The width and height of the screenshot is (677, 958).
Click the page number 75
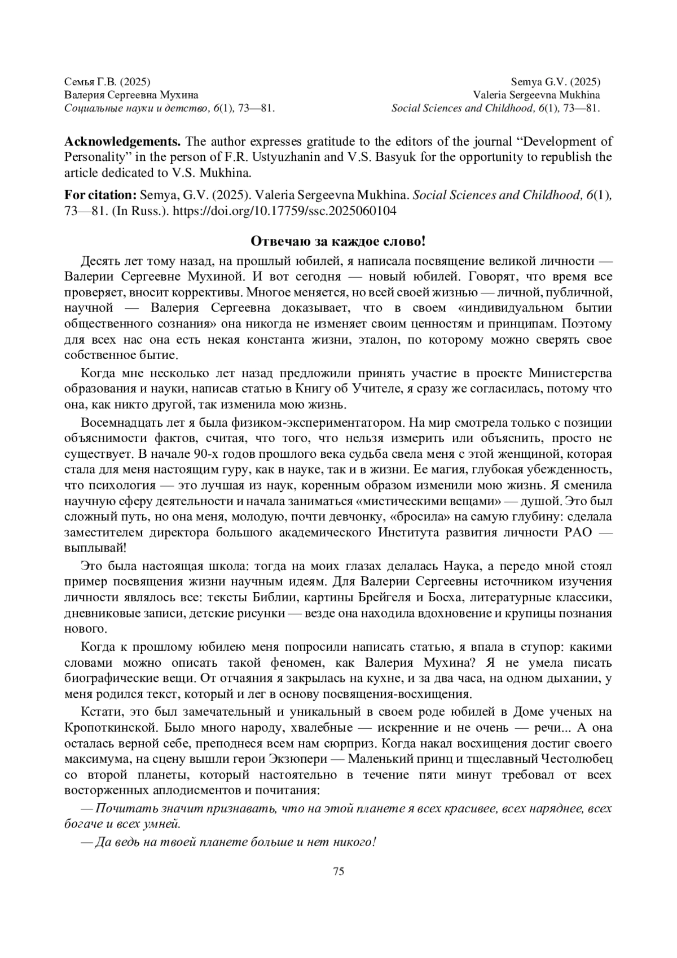pos(338,870)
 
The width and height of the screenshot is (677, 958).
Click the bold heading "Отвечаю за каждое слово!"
pos(338,242)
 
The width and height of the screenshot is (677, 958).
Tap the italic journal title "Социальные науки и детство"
pos(130,108)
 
